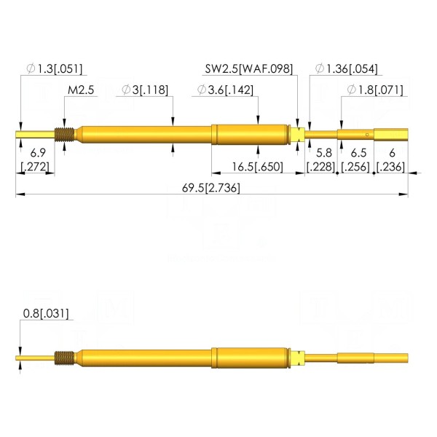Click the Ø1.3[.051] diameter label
[55, 68]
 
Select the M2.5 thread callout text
[81, 90]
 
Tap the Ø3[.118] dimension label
[145, 90]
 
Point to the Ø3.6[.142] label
[225, 90]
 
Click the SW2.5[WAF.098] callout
[249, 68]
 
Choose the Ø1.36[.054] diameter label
[347, 68]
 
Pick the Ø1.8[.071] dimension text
[375, 90]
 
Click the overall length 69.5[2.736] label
[210, 188]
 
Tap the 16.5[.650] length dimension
[258, 167]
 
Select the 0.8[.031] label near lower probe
[46, 313]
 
